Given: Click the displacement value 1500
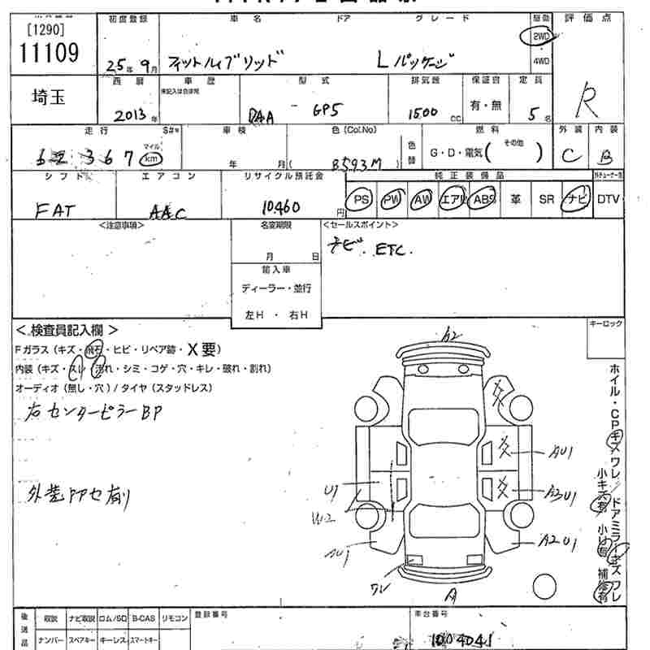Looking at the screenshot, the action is pyautogui.click(x=424, y=113).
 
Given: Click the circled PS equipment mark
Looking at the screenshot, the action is pyautogui.click(x=362, y=199).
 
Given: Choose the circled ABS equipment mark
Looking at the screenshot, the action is pyautogui.click(x=483, y=199).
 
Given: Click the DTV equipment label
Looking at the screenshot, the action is pyautogui.click(x=608, y=199).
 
